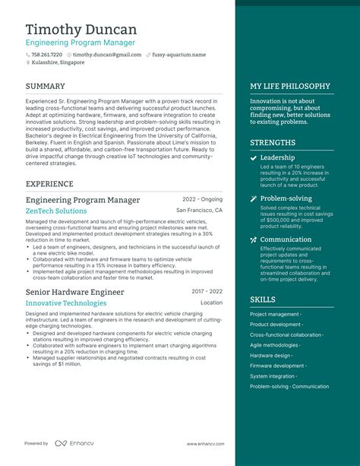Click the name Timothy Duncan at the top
click(81, 30)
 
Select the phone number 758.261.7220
click(46, 55)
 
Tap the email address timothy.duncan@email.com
click(106, 55)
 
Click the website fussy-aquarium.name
click(178, 55)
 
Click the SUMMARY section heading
click(45, 87)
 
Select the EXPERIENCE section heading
click(50, 184)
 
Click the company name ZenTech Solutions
click(56, 211)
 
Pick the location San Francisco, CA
click(199, 211)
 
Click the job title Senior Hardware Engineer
click(74, 291)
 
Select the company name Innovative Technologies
click(66, 303)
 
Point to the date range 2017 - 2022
click(207, 291)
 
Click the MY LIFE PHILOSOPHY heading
click(290, 87)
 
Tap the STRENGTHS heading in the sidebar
click(273, 143)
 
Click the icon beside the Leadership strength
click(253, 158)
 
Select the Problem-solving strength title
click(286, 198)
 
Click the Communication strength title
click(286, 239)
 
